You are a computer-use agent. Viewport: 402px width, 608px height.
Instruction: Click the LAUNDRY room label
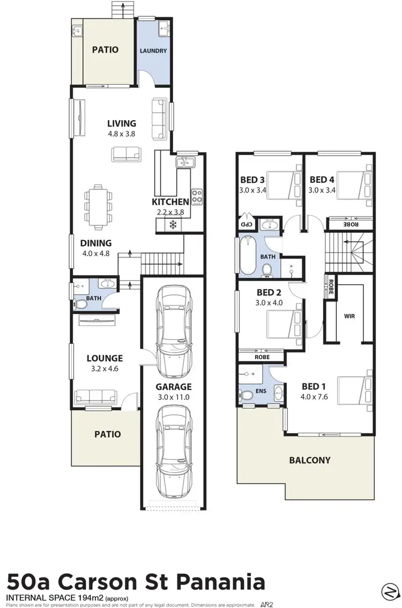pyautogui.click(x=153, y=51)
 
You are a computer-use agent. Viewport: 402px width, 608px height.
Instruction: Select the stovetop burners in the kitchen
pyautogui.click(x=197, y=196)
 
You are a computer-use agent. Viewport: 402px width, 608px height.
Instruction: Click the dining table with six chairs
pyautogui.click(x=98, y=205)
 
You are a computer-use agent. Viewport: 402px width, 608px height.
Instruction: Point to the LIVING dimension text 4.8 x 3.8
pyautogui.click(x=121, y=134)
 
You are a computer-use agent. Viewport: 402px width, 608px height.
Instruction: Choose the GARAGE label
pyautogui.click(x=174, y=387)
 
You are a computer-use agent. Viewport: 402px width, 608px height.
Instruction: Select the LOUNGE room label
pyautogui.click(x=105, y=358)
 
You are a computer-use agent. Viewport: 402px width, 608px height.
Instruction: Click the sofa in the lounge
pyautogui.click(x=96, y=396)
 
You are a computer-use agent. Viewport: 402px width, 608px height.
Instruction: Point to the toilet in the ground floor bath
pyautogui.click(x=81, y=305)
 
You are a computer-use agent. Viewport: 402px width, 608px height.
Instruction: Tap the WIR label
pyautogui.click(x=349, y=316)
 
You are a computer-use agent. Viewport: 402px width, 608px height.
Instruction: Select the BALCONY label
pyautogui.click(x=310, y=460)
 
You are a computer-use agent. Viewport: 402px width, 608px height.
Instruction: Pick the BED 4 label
pyautogui.click(x=323, y=179)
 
